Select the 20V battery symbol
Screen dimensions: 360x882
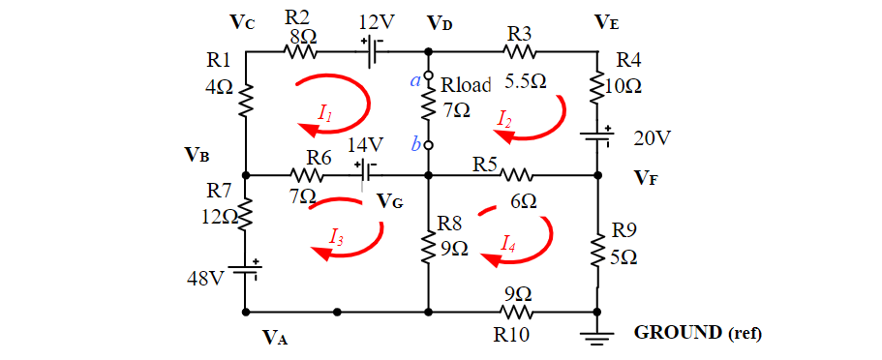pos(597,136)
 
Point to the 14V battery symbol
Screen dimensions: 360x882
pos(367,175)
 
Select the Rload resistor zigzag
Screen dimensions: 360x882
pos(428,108)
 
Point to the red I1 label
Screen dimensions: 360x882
pos(325,114)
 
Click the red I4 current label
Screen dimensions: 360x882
pos(508,244)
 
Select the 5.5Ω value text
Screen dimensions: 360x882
pos(525,82)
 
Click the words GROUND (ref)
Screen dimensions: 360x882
pos(697,333)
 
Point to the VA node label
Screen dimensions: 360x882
pos(276,338)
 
